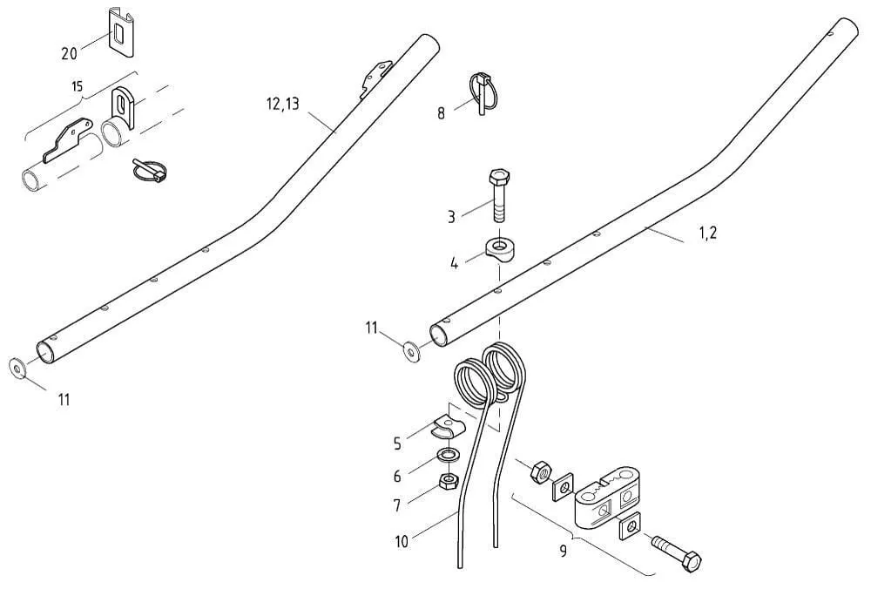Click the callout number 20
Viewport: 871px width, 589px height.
click(x=69, y=53)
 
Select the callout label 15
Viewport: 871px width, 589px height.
click(x=78, y=87)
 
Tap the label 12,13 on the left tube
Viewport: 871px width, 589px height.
click(x=282, y=105)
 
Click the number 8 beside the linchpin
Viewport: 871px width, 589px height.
click(x=442, y=112)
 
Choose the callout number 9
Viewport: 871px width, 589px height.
click(x=563, y=551)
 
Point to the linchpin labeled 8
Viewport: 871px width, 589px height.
click(x=482, y=90)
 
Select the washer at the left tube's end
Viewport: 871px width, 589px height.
click(x=17, y=368)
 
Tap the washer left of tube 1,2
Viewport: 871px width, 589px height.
click(x=410, y=350)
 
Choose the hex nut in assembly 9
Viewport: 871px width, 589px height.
click(x=538, y=471)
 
